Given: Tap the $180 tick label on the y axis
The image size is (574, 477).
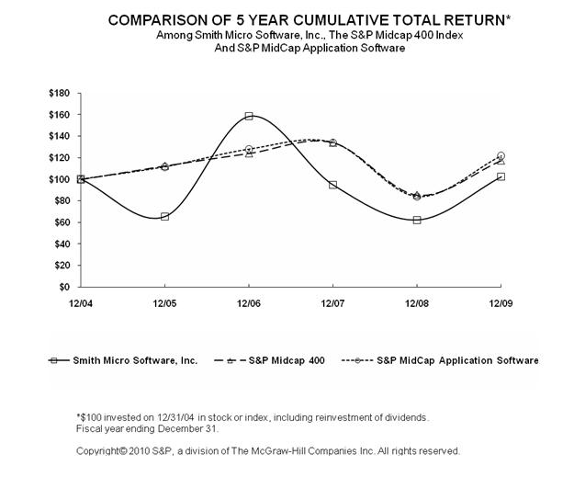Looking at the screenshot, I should (x=60, y=93).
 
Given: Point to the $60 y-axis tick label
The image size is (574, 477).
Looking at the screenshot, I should (x=62, y=221).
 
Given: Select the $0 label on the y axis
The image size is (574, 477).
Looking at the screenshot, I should (x=65, y=287).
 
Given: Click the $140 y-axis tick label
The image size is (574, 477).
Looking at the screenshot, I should (x=60, y=136).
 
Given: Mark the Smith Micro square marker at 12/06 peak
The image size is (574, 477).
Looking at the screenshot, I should (x=249, y=116).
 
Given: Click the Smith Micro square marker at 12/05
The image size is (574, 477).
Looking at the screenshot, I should (x=164, y=217).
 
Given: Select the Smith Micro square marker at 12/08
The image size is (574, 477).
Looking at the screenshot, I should (x=417, y=220).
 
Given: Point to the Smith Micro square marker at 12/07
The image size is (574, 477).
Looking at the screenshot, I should (x=332, y=185).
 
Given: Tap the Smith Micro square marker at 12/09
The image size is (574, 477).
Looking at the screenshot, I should (x=501, y=176).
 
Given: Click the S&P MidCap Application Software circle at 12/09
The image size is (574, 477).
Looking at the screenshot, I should (x=501, y=155).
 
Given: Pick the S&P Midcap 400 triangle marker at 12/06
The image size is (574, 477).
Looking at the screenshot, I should (x=249, y=153).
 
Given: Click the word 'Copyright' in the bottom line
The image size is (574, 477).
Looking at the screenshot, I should (x=99, y=451).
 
